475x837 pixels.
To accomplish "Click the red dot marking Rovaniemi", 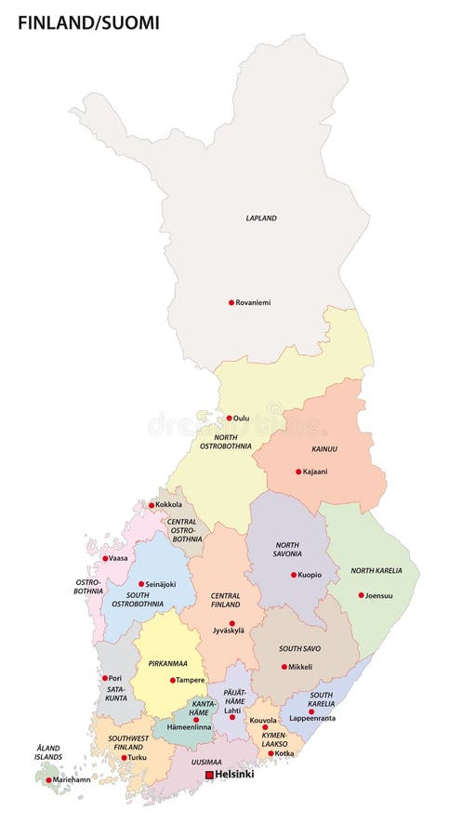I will (231, 302).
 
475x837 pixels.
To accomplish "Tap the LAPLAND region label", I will (261, 219).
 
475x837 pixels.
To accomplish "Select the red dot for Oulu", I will (229, 418).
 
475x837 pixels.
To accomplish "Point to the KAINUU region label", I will (324, 449).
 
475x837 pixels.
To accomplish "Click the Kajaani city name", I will (315, 472).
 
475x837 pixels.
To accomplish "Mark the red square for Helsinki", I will (209, 774).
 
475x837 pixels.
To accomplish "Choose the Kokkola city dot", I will (152, 505).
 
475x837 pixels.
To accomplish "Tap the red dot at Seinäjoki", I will (141, 584).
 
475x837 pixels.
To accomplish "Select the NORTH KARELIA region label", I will (376, 570).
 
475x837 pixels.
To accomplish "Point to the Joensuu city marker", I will (361, 595).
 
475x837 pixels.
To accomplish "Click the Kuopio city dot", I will (293, 575).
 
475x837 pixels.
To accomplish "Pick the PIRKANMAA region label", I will (167, 664).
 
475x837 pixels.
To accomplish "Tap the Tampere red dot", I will (172, 680).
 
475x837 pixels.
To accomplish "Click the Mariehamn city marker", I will (48, 779).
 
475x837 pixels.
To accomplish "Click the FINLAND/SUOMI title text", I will (88, 22).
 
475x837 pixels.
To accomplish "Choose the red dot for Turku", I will (124, 757).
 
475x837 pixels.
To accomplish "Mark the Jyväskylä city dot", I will (231, 623).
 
